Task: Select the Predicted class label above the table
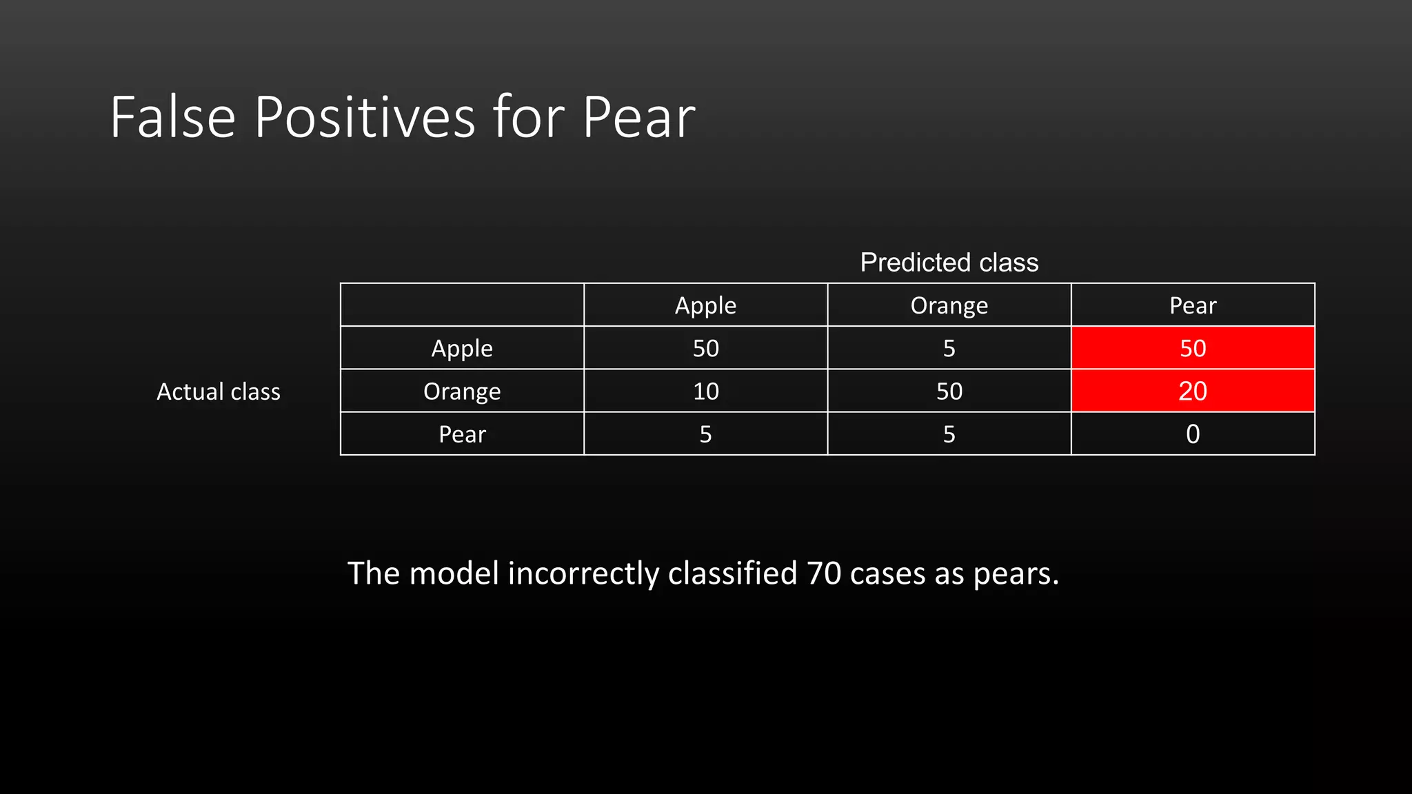point(949,263)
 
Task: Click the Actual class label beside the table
point(219,391)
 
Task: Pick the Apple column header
point(705,305)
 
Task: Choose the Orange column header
point(949,305)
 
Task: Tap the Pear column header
point(1192,305)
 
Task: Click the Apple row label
point(462,348)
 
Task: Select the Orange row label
point(462,391)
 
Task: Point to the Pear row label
point(462,434)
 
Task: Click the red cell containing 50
point(1192,348)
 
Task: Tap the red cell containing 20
point(1192,391)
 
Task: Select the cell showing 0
point(1192,434)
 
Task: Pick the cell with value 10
point(705,391)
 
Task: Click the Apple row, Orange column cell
point(949,348)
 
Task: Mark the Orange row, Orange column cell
point(949,391)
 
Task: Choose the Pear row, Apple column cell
point(705,434)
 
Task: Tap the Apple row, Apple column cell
point(705,348)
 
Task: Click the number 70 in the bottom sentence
point(823,573)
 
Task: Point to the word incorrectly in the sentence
point(583,573)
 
